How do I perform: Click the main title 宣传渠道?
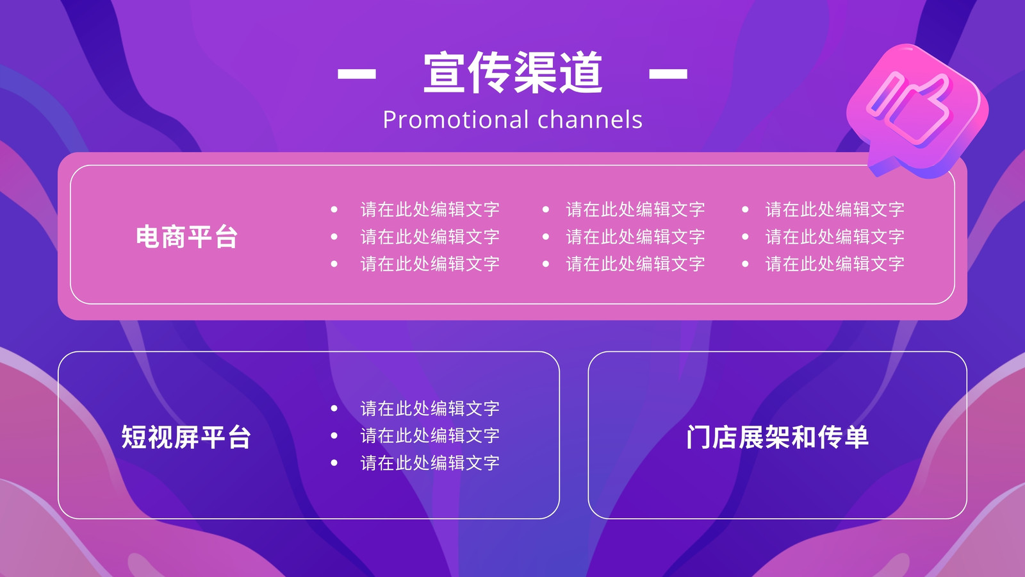512,72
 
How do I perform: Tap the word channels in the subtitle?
590,119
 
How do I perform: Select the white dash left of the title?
356,73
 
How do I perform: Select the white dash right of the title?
668,73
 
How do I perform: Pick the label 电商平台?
186,237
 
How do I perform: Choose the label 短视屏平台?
186,437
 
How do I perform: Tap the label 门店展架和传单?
777,437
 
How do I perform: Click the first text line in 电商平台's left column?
430,209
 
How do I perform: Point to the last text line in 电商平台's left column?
430,263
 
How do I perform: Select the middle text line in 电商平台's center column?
635,237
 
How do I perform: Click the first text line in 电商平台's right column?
835,209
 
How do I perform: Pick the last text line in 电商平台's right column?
835,263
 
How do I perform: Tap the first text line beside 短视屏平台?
430,408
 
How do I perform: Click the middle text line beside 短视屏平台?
430,435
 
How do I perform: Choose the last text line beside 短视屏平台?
430,463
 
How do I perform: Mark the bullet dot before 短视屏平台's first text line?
334,408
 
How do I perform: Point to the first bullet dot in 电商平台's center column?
545,209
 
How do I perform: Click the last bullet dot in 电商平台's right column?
745,263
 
